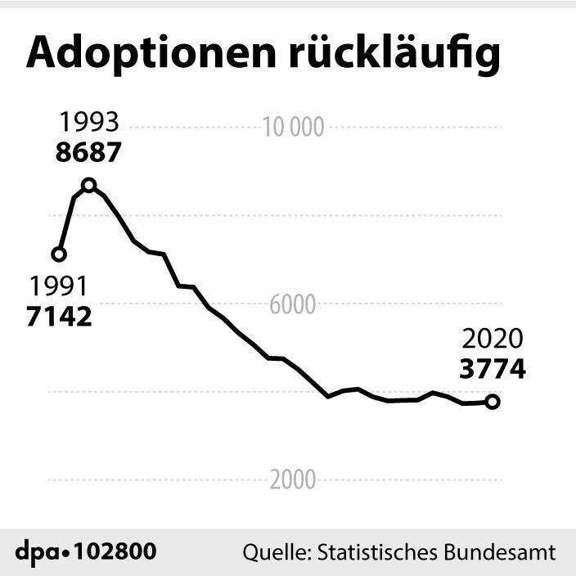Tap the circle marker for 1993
coord(89,185)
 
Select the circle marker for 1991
coord(58,254)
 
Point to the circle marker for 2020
coord(492,402)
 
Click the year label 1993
coord(88,123)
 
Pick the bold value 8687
coord(88,152)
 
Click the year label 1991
coord(58,286)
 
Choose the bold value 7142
coord(59,316)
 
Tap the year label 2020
coord(492,339)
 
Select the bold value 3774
coord(492,369)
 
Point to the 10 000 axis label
coord(292,127)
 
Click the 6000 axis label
coord(293,304)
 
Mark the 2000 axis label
coord(293,480)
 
